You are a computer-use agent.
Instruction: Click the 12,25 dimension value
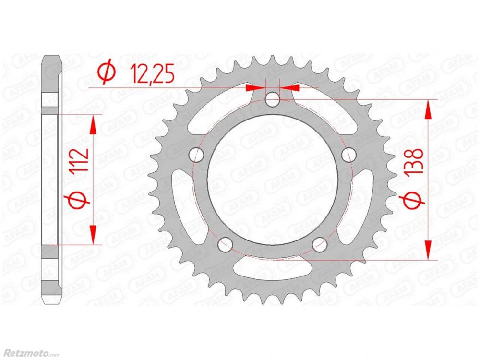(x=152, y=74)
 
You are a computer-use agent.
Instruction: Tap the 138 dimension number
(x=415, y=162)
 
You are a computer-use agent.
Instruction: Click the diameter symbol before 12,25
(x=107, y=74)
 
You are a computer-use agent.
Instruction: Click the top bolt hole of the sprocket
(x=273, y=99)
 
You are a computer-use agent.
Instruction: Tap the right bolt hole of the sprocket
(x=348, y=155)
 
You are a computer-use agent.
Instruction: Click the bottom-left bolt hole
(x=225, y=244)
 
